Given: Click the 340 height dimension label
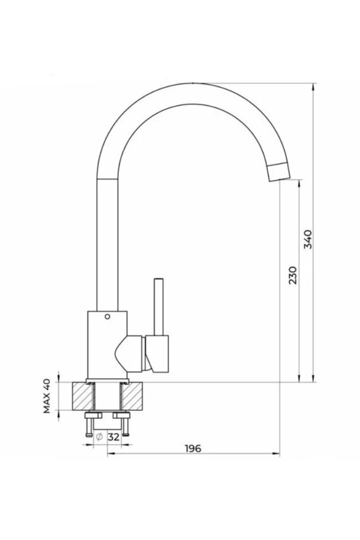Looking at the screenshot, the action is [x=308, y=239].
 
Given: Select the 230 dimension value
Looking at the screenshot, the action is [x=292, y=275].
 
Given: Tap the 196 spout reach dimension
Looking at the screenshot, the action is [x=193, y=448].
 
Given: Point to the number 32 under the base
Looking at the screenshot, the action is [x=113, y=437].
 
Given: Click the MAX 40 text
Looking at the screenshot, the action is [x=47, y=396].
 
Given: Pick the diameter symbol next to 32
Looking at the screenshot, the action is [x=99, y=437].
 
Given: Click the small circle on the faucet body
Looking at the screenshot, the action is [x=107, y=316].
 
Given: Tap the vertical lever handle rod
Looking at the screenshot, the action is [x=159, y=307].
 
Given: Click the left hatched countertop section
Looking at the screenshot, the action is [x=83, y=396].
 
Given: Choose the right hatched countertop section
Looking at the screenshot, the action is [x=132, y=396].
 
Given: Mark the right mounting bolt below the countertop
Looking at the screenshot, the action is [x=125, y=424].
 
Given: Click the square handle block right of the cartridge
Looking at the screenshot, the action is [x=157, y=353].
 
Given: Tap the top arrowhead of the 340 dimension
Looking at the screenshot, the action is [x=313, y=86].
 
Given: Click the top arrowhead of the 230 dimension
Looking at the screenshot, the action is [x=299, y=183].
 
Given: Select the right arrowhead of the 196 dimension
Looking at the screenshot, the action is [x=276, y=454].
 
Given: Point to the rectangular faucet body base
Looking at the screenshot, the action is [x=107, y=345].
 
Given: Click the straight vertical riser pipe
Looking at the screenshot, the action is [x=107, y=245].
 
